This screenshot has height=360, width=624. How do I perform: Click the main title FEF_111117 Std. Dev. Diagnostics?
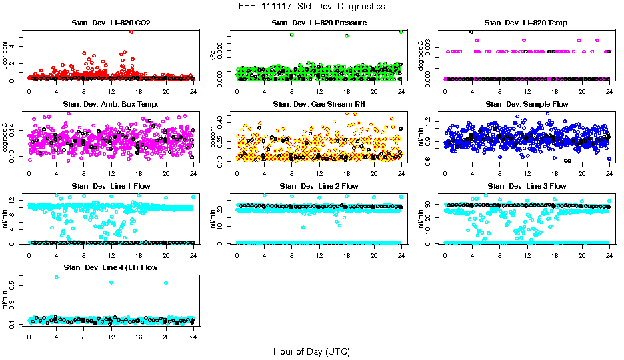tap(311, 7)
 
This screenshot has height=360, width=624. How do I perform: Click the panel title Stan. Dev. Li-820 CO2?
tap(111, 23)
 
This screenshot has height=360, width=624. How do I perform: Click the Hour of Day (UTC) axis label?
tap(311, 351)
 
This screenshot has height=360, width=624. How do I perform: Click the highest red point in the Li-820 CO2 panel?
tap(131, 31)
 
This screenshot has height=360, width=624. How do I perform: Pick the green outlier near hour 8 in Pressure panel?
tap(292, 35)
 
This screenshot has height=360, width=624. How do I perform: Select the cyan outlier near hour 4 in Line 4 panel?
tap(56, 277)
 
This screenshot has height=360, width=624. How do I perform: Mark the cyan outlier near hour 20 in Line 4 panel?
tap(166, 283)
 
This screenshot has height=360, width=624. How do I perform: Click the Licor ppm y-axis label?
tap(6, 55)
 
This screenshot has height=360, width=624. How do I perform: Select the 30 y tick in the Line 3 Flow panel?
tap(431, 205)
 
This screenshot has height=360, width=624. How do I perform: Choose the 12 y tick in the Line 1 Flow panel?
tap(15, 199)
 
